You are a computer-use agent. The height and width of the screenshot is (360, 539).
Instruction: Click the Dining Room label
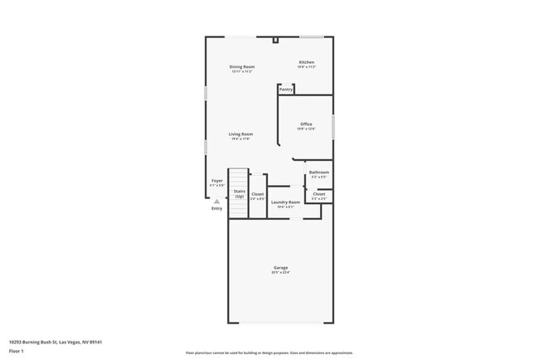point(242,66)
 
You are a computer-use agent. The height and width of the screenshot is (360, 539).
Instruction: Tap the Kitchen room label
point(307,62)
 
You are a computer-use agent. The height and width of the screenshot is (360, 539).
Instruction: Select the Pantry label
point(286,89)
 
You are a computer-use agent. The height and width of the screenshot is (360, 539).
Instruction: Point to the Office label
point(306,124)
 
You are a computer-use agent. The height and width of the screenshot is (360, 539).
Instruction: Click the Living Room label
point(241,134)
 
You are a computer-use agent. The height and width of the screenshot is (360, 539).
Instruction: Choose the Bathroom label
point(318,173)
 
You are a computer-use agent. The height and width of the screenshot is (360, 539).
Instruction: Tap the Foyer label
point(216,180)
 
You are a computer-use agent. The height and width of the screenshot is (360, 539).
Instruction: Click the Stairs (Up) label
point(239,193)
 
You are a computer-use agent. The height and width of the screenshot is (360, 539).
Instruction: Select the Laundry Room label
point(284,202)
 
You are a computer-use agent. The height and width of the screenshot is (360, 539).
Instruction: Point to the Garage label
point(280,267)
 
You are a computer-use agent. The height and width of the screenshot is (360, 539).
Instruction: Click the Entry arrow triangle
point(216,201)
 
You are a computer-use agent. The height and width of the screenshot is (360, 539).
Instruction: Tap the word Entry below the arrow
point(216,208)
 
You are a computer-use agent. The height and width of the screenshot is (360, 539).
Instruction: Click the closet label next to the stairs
point(258,194)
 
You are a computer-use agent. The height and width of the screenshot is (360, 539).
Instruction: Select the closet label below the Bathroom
point(318,194)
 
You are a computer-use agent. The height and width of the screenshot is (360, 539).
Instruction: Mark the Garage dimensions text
point(280,272)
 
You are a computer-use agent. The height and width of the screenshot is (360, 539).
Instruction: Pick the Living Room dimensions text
point(241,139)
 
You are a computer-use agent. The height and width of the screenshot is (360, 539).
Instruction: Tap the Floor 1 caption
point(17,351)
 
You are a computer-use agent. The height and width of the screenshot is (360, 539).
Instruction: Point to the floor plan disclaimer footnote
point(269,353)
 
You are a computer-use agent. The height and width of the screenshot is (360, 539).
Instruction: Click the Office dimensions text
point(306,129)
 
